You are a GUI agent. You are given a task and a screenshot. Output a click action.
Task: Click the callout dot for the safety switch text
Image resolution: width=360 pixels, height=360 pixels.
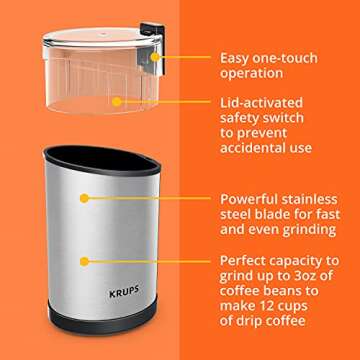coord(118,102)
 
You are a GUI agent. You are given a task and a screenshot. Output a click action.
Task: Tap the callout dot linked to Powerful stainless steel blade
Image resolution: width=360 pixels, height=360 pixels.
coord(82,201)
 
